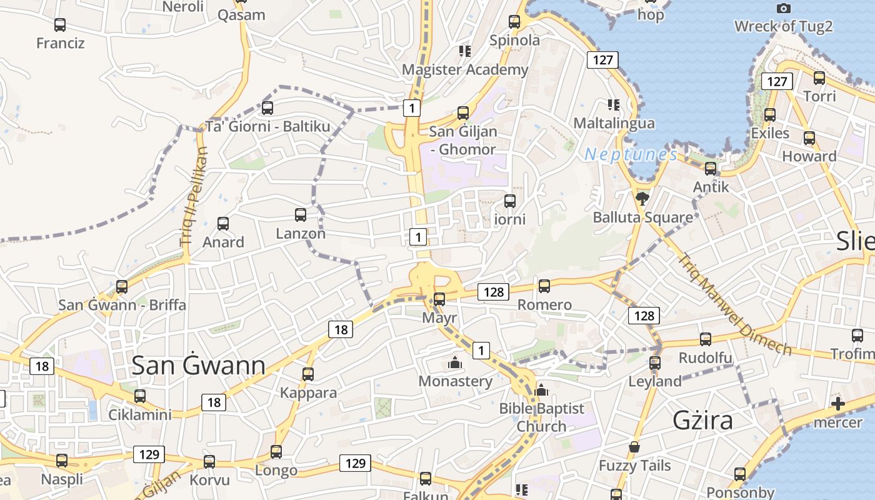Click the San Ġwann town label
point(198,366)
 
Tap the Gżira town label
point(702,421)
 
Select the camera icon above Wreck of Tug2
point(783,8)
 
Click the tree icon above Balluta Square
point(642,199)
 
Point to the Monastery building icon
point(455,362)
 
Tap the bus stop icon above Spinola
point(514,22)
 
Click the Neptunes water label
point(631,154)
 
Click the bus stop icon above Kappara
point(308,374)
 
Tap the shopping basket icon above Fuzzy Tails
point(634,447)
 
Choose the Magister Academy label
point(465,69)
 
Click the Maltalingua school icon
point(613,104)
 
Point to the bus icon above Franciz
point(60,25)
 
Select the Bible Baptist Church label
point(541,417)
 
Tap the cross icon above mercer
point(838,404)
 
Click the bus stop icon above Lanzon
point(301,215)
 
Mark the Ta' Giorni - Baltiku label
point(267,126)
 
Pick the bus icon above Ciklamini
point(140,396)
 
